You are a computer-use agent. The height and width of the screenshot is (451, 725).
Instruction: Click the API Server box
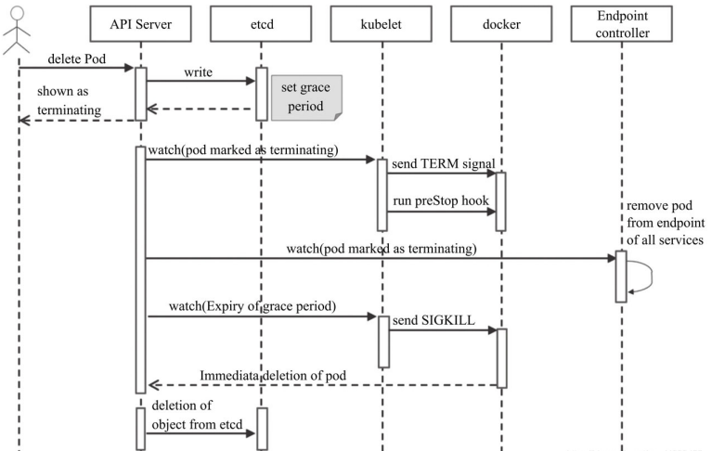(x=140, y=23)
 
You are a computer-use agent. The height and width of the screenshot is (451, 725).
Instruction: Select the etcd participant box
(x=261, y=23)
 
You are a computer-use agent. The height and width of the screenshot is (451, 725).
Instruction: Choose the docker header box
(x=502, y=23)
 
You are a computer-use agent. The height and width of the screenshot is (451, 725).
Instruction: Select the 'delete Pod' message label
(x=77, y=59)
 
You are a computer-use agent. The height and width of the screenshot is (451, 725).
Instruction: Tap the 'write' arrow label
(x=200, y=71)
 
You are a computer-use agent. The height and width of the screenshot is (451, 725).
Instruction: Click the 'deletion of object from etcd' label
(x=188, y=414)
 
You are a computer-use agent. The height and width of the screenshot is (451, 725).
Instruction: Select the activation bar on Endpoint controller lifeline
(x=621, y=276)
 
